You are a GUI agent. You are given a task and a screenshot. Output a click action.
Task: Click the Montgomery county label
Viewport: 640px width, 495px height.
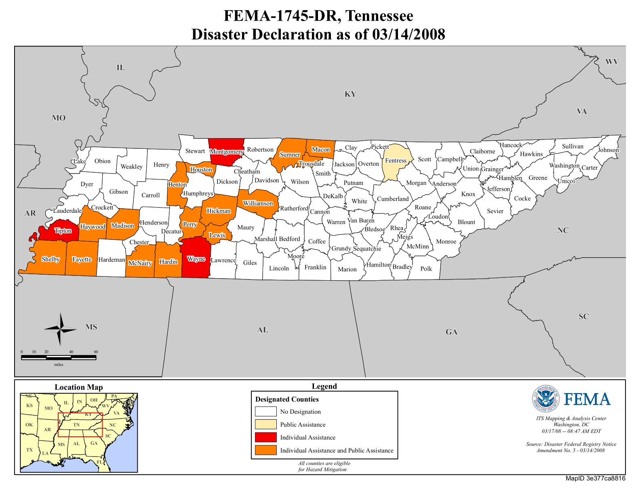pyautogui.click(x=227, y=152)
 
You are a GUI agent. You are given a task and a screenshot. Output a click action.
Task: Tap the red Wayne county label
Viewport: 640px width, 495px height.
pyautogui.click(x=196, y=259)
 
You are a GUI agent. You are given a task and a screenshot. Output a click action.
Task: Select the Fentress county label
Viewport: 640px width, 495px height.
pyautogui.click(x=396, y=161)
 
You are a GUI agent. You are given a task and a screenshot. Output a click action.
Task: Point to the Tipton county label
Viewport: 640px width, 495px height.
pyautogui.click(x=63, y=231)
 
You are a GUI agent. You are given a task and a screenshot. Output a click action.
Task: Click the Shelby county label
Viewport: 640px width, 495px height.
pyautogui.click(x=51, y=259)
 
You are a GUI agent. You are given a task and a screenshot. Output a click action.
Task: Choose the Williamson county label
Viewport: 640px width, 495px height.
pyautogui.click(x=258, y=203)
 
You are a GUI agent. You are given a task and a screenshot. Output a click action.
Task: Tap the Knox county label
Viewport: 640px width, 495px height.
pyautogui.click(x=468, y=194)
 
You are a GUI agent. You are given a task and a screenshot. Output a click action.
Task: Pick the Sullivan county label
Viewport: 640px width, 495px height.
pyautogui.click(x=573, y=146)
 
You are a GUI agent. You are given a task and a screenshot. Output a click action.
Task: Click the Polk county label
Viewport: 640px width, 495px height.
pyautogui.click(x=426, y=269)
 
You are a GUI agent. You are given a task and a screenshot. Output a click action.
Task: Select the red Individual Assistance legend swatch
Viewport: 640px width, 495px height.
pyautogui.click(x=265, y=437)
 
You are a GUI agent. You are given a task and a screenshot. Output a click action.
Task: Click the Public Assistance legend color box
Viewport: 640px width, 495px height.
pyautogui.click(x=265, y=424)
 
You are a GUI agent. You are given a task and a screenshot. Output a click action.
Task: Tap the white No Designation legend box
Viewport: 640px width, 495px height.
pyautogui.click(x=265, y=411)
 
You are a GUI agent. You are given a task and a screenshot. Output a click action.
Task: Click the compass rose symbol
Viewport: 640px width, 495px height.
pyautogui.click(x=60, y=329)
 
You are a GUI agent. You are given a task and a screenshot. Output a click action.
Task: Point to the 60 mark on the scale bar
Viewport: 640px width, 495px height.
pyautogui.click(x=96, y=352)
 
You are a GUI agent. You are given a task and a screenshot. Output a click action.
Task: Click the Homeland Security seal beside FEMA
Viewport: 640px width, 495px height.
pyautogui.click(x=545, y=399)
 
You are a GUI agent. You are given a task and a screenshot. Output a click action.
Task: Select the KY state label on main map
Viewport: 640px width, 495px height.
pyautogui.click(x=350, y=94)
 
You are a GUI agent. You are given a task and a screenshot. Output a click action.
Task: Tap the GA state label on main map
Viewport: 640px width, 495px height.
pyautogui.click(x=451, y=332)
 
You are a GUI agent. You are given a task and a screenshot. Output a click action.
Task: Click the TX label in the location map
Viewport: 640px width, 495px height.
pyautogui.click(x=29, y=450)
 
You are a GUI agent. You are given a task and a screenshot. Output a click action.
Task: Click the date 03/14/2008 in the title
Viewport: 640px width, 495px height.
pyautogui.click(x=408, y=35)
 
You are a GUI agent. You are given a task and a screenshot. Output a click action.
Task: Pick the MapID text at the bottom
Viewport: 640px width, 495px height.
pyautogui.click(x=595, y=478)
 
